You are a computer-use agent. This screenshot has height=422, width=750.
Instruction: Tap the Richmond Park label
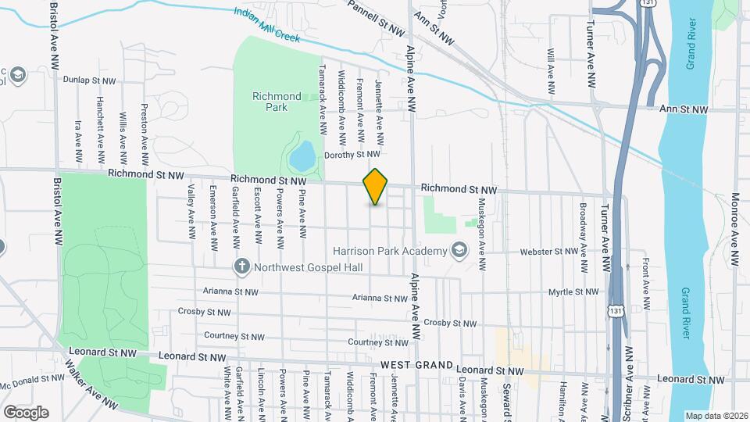pos(277,102)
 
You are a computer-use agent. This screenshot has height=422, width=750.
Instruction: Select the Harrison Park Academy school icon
pos(459,250)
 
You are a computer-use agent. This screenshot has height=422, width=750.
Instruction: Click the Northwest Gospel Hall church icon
pos(242,267)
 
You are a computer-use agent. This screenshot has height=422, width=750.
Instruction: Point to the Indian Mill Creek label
pos(268,25)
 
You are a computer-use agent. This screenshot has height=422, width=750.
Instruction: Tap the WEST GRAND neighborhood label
pos(416,366)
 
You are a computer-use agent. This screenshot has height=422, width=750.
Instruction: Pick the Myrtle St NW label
pos(573,292)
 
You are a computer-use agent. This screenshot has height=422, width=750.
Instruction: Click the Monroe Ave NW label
pos(734,230)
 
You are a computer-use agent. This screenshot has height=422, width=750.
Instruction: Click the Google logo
pos(26,412)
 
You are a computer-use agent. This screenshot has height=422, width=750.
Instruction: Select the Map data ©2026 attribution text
pos(716,416)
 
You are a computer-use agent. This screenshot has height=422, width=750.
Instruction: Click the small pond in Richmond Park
pos(302,156)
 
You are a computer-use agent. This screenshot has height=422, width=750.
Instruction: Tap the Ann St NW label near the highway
pos(684,110)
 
